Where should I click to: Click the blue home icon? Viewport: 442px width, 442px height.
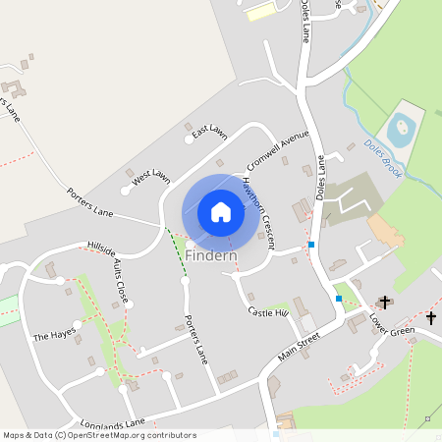tap(221, 212)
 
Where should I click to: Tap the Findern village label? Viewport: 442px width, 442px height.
tap(210, 256)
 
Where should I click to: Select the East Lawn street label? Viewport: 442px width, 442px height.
tap(209, 132)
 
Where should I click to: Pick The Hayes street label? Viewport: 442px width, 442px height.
tap(54, 335)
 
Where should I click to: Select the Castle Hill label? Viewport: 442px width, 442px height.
tap(268, 311)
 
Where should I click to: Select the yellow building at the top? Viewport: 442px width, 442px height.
tap(260, 13)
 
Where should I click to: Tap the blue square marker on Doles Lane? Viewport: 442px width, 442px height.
tap(310, 244)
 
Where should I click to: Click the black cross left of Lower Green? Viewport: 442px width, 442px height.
tap(384, 303)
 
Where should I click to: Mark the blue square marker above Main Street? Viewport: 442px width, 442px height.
tap(338, 298)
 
